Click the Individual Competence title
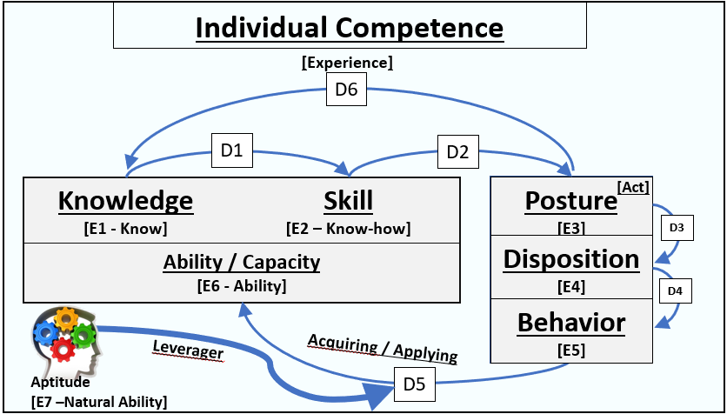coord(349,28)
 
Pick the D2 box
coord(457,150)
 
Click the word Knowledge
coord(125,201)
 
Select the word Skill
coord(348,201)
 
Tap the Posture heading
coord(570,201)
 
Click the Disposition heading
coord(571,259)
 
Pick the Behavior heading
coord(571,323)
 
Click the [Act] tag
coord(633,186)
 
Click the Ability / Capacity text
coord(242,262)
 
